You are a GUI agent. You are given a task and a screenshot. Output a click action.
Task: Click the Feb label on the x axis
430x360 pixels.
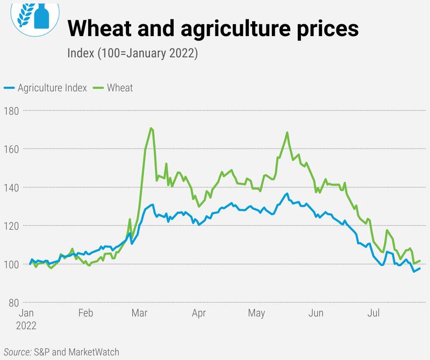coord(85,313)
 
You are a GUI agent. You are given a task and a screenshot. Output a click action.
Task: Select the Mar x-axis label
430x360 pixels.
coord(140,313)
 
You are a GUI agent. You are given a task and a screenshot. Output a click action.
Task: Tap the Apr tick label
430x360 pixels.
coord(199,313)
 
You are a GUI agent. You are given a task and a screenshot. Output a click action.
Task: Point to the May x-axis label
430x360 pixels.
coord(257,313)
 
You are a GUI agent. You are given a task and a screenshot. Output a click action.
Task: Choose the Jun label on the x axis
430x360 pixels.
coord(316,313)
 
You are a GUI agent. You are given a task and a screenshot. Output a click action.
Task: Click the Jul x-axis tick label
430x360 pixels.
coord(373,313)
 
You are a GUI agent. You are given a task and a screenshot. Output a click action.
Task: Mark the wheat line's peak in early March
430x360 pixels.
coord(152,128)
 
